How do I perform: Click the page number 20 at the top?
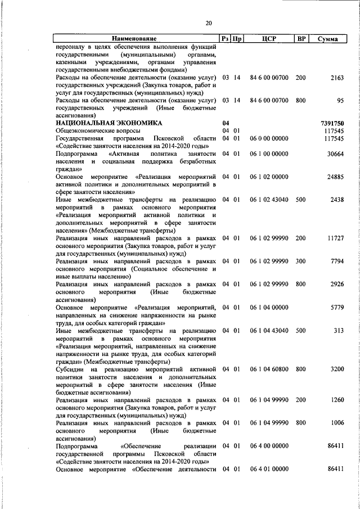209,23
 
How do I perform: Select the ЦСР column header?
269,39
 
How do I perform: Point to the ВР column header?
301,39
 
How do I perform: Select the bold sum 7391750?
331,123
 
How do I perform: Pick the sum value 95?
339,100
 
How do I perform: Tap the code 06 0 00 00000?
269,138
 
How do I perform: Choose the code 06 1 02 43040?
269,200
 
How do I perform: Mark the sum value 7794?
336,261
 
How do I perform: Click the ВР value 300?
301,261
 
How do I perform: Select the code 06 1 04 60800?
269,369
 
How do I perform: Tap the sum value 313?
338,330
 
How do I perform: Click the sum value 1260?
336,399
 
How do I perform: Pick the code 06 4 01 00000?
269,469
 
